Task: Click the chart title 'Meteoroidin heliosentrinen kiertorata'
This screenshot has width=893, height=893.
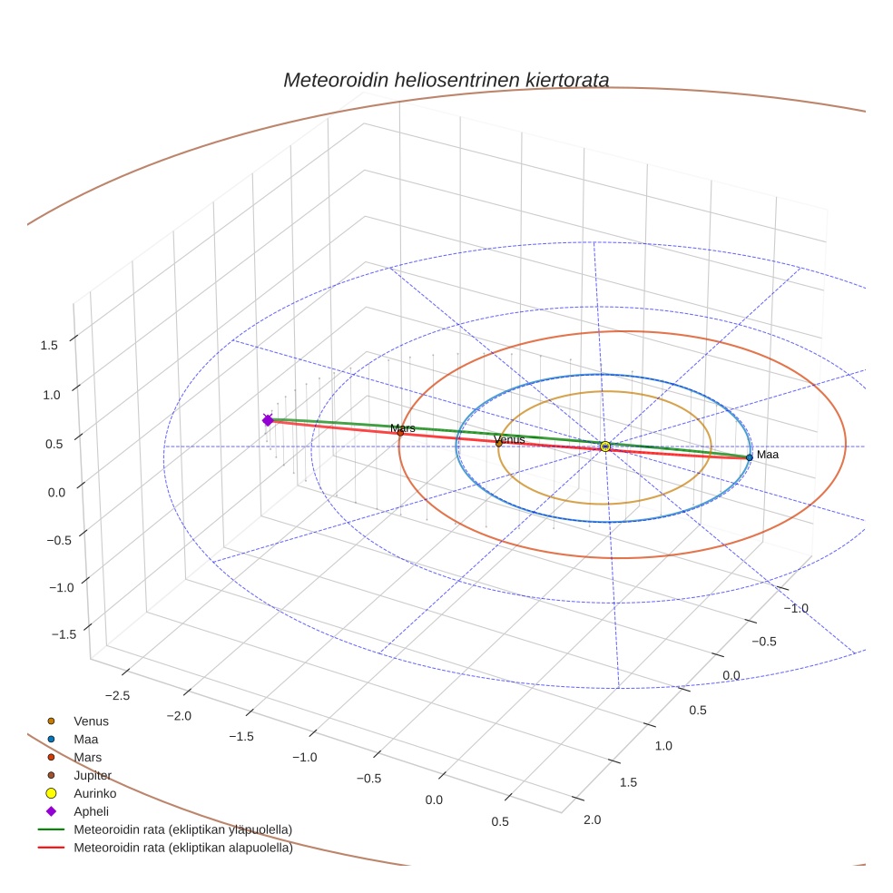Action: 446,80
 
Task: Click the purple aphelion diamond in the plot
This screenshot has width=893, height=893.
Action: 268,420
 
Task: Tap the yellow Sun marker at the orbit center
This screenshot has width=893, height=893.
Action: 605,446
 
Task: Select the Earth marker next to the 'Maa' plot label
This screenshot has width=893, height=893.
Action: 749,457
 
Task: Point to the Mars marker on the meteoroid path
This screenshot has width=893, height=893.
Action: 400,433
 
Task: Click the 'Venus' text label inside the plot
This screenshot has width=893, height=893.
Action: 509,439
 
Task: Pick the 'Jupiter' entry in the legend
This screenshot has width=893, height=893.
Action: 93,775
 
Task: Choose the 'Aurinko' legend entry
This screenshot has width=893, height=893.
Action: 94,793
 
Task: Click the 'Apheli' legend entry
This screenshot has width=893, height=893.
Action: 91,811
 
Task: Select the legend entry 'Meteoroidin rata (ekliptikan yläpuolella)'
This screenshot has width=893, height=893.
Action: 182,829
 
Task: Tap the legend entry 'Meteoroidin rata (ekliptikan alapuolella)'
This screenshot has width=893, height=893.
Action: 182,849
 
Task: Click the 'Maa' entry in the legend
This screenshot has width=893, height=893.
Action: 86,739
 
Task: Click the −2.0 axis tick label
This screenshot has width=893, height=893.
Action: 179,716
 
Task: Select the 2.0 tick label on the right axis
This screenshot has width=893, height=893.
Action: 593,819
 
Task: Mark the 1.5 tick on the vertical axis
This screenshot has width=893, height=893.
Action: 48,345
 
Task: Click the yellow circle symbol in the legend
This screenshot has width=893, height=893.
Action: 51,793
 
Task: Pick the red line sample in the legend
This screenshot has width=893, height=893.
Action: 51,849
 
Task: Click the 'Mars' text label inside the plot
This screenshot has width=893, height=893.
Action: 403,427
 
